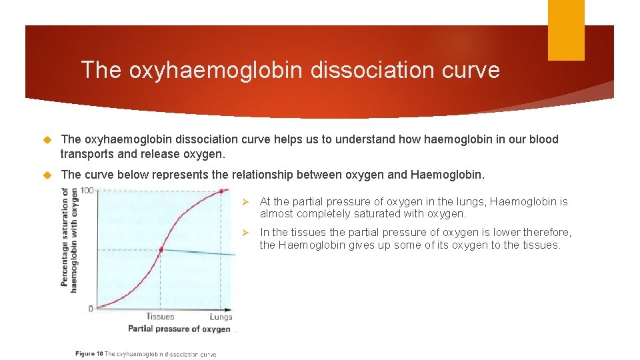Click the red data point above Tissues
161,250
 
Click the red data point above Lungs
223,192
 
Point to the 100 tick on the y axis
87,191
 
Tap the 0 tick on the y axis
90,309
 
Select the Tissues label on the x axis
160,317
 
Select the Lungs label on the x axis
221,317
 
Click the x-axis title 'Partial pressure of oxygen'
179,329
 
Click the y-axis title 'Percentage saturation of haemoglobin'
69,240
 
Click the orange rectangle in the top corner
566,30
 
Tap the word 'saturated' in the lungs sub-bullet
373,213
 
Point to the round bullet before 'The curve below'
47,175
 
